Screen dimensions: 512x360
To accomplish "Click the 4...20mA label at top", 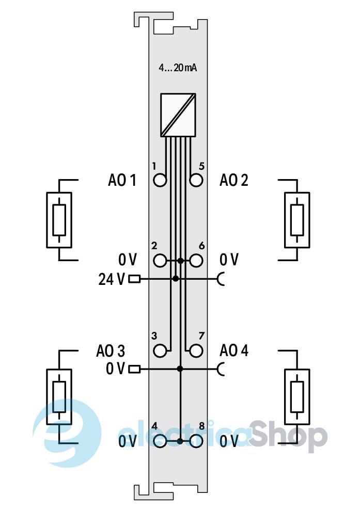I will pyautogui.click(x=178, y=68).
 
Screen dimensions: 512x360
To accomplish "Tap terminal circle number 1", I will pyautogui.click(x=160, y=180).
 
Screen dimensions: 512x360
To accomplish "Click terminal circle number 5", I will pyautogui.click(x=196, y=180).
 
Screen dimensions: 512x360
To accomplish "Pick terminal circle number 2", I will pyautogui.click(x=160, y=261).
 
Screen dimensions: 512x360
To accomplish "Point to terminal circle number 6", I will pyautogui.click(x=196, y=261).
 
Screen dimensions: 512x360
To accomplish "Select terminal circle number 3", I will pyautogui.click(x=160, y=350).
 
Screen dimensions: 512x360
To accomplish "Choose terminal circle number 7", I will pyautogui.click(x=196, y=350).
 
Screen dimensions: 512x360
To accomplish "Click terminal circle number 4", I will pyautogui.click(x=160, y=441).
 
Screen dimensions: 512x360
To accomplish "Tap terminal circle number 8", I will pyautogui.click(x=196, y=441).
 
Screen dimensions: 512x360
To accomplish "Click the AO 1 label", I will pyautogui.click(x=122, y=180).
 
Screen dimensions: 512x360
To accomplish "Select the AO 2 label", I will pyautogui.click(x=233, y=180).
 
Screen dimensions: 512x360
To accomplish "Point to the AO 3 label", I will pyautogui.click(x=110, y=351).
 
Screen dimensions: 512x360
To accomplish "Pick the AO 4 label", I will pyautogui.click(x=233, y=351).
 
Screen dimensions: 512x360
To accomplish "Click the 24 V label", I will pyautogui.click(x=112, y=279).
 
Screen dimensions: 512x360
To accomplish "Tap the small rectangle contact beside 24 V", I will pyautogui.click(x=134, y=279).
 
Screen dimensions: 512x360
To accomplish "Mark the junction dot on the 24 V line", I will pyautogui.click(x=176, y=279).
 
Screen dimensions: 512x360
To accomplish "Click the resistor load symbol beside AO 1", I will pyautogui.click(x=59, y=220).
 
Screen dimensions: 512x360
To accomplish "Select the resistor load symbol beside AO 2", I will pyautogui.click(x=297, y=220).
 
